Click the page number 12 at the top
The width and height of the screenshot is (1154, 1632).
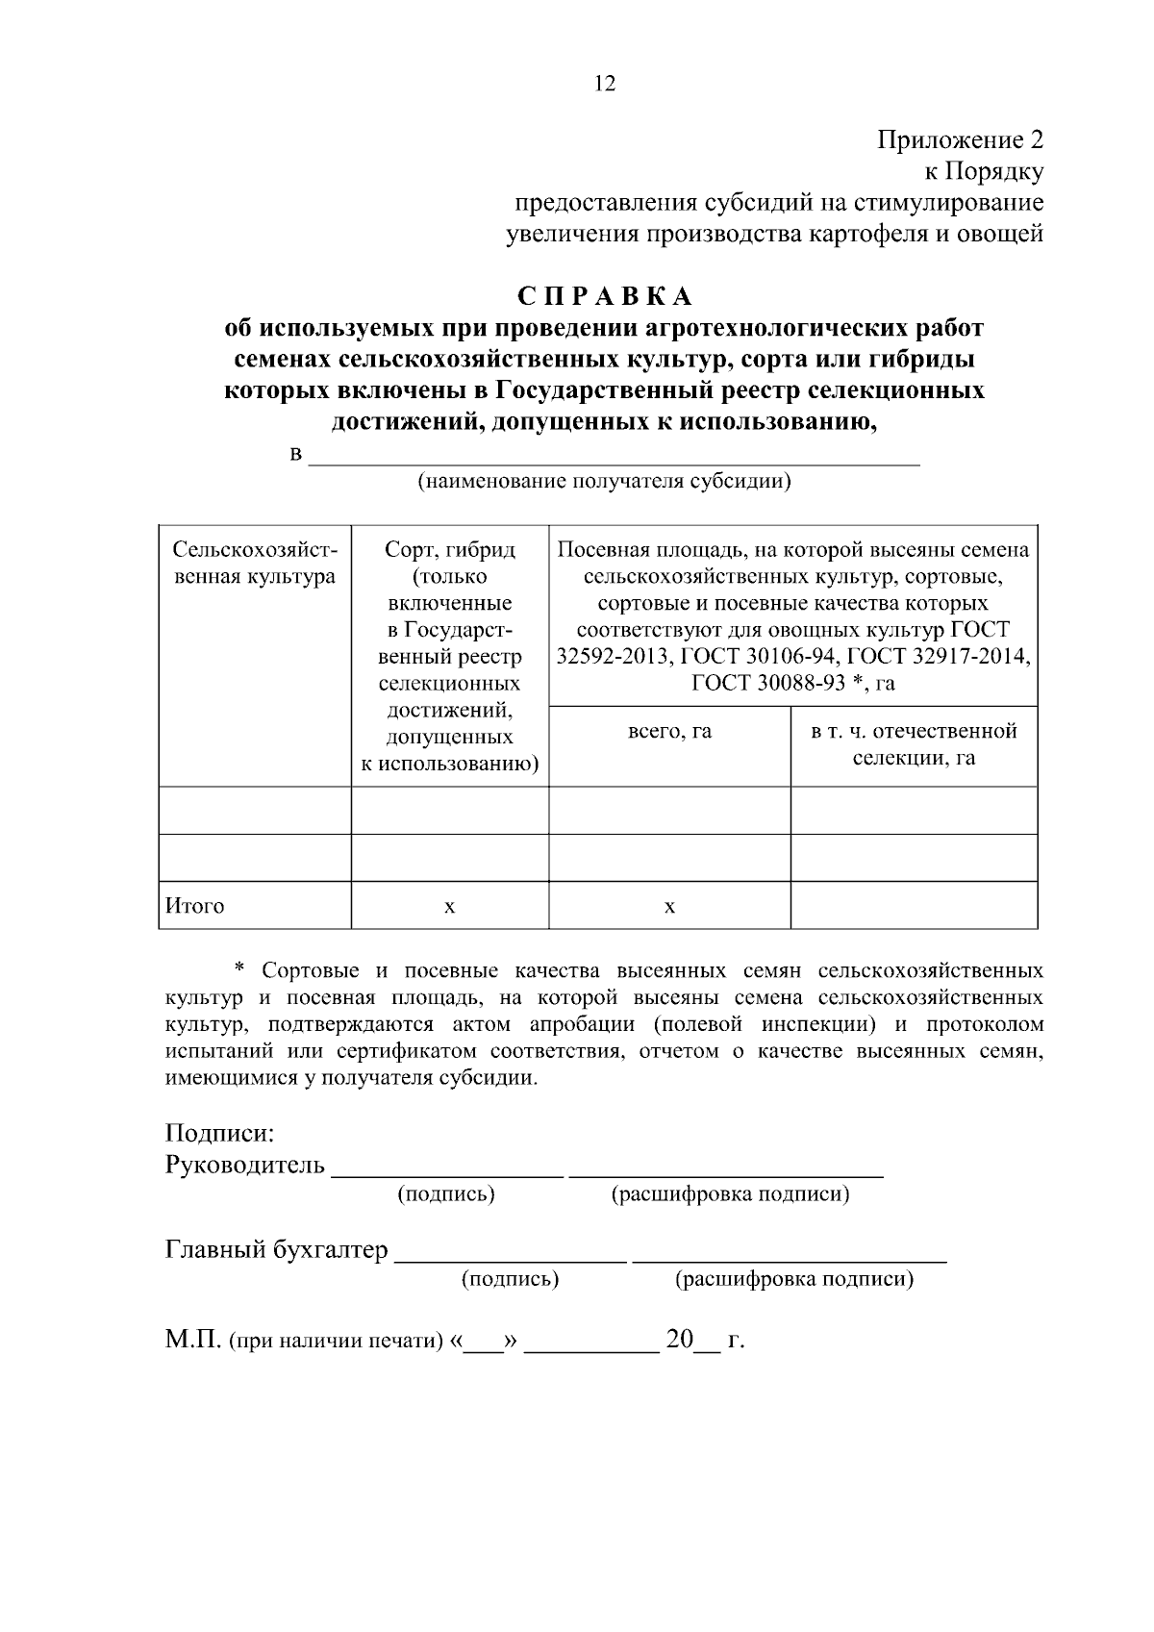(605, 84)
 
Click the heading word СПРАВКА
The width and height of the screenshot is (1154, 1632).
(605, 295)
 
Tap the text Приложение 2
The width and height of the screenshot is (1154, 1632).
(959, 140)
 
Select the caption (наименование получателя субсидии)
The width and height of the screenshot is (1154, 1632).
(603, 482)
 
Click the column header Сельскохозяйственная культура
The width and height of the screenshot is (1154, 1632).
(255, 563)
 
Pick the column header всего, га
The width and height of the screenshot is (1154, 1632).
(669, 731)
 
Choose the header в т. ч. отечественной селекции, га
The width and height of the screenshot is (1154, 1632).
(914, 744)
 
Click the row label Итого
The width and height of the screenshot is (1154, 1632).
(195, 906)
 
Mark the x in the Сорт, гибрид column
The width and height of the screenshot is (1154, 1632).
(449, 907)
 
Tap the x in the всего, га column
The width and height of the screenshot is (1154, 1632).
(669, 907)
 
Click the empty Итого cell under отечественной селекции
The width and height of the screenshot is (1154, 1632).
(914, 906)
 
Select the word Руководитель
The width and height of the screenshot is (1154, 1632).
(245, 1166)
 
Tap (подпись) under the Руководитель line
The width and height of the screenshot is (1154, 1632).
(446, 1194)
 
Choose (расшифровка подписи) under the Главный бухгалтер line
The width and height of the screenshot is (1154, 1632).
(794, 1279)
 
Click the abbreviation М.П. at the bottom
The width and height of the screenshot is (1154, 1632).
(193, 1340)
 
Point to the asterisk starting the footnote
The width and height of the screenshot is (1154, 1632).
(240, 967)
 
